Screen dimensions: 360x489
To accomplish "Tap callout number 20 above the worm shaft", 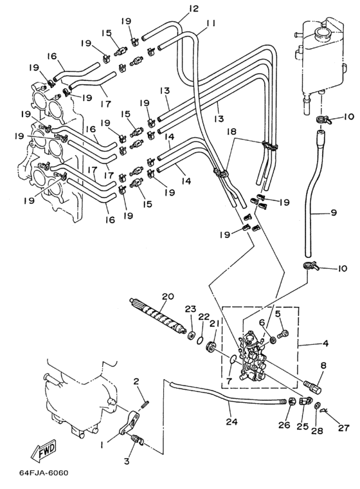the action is point(168,296).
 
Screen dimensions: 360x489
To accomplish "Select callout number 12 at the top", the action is point(194,8).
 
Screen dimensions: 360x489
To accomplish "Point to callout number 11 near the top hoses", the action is point(211,23).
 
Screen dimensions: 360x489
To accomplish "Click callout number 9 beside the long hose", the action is point(333,213).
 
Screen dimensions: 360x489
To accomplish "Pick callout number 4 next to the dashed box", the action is point(325,344).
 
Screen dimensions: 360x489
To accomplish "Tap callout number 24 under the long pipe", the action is point(232,421).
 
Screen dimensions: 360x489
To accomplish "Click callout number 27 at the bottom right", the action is point(343,428).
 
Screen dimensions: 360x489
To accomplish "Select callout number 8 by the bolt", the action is point(323,365).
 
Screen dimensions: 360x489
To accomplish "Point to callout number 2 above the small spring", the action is point(136,381).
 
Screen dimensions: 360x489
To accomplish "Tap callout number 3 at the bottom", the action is point(127,460).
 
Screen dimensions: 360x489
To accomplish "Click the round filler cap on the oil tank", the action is point(321,32).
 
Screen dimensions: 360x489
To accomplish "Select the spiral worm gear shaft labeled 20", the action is point(158,315).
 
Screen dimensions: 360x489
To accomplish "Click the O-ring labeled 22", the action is point(201,340).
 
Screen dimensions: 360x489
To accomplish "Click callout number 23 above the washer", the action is point(190,309).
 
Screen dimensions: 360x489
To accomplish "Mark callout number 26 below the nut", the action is point(285,425).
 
